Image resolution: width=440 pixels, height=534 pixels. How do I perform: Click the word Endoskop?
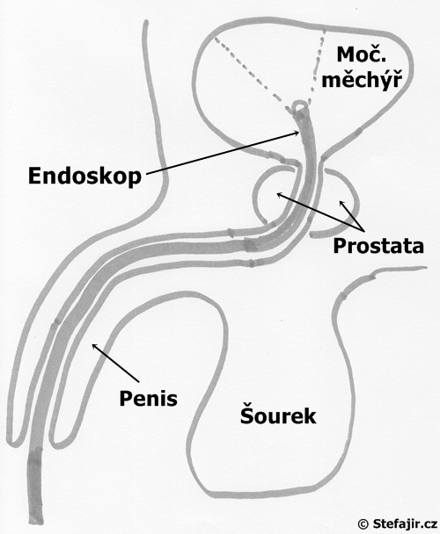pyautogui.click(x=84, y=177)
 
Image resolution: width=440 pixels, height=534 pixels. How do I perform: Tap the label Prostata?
pyautogui.click(x=378, y=246)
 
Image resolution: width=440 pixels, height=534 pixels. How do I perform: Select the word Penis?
pyautogui.click(x=149, y=398)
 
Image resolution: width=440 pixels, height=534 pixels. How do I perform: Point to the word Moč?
pyautogui.click(x=361, y=54)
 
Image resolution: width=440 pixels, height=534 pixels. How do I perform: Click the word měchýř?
pyautogui.click(x=362, y=81)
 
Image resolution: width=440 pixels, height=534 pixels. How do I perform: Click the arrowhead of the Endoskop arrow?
pyautogui.click(x=297, y=133)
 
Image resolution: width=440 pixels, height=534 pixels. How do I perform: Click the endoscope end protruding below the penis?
pyautogui.click(x=34, y=487)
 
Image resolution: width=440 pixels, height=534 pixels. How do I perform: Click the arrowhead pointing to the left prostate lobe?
pyautogui.click(x=279, y=194)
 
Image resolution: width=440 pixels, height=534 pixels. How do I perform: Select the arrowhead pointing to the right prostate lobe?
pyautogui.click(x=341, y=204)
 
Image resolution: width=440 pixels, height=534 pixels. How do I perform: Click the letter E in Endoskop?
pyautogui.click(x=34, y=177)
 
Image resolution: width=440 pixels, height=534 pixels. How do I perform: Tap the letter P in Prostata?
pyautogui.click(x=339, y=246)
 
